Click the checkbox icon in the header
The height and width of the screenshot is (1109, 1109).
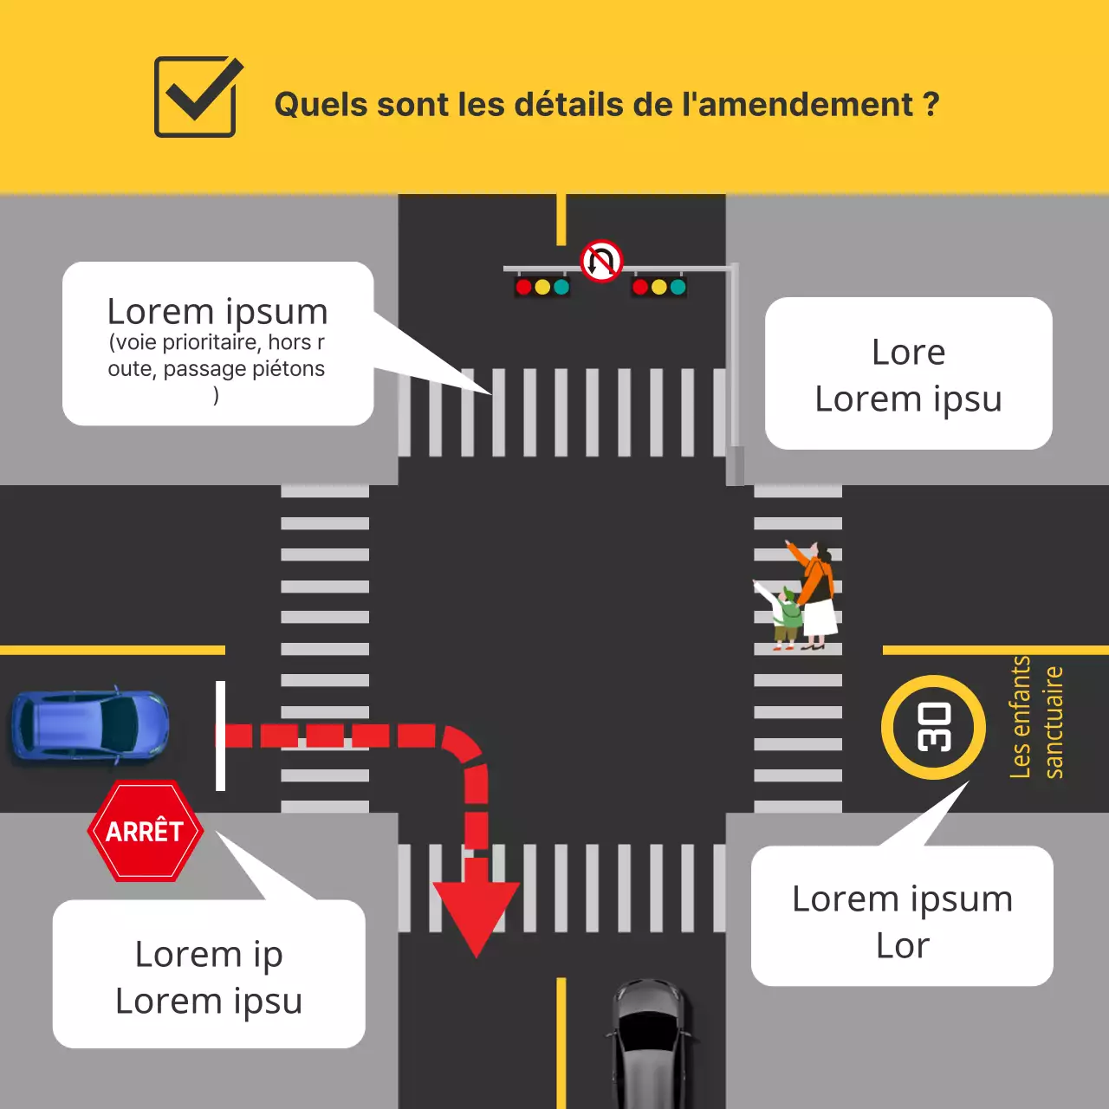(196, 97)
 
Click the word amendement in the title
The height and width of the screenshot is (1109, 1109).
(806, 105)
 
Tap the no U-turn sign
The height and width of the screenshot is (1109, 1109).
(601, 261)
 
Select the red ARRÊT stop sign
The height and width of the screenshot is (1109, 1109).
(146, 831)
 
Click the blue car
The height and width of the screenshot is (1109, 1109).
(90, 726)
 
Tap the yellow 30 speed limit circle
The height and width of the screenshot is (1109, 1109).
(934, 727)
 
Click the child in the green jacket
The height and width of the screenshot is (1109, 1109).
(786, 615)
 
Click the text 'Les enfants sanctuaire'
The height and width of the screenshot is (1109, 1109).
(1036, 718)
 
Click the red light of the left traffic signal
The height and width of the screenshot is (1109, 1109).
(523, 287)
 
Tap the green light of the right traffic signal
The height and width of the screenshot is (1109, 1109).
(678, 287)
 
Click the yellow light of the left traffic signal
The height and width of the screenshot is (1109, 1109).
(542, 287)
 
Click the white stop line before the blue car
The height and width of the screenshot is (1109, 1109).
(220, 736)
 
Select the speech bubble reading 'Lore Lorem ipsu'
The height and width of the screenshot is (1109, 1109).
(908, 374)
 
